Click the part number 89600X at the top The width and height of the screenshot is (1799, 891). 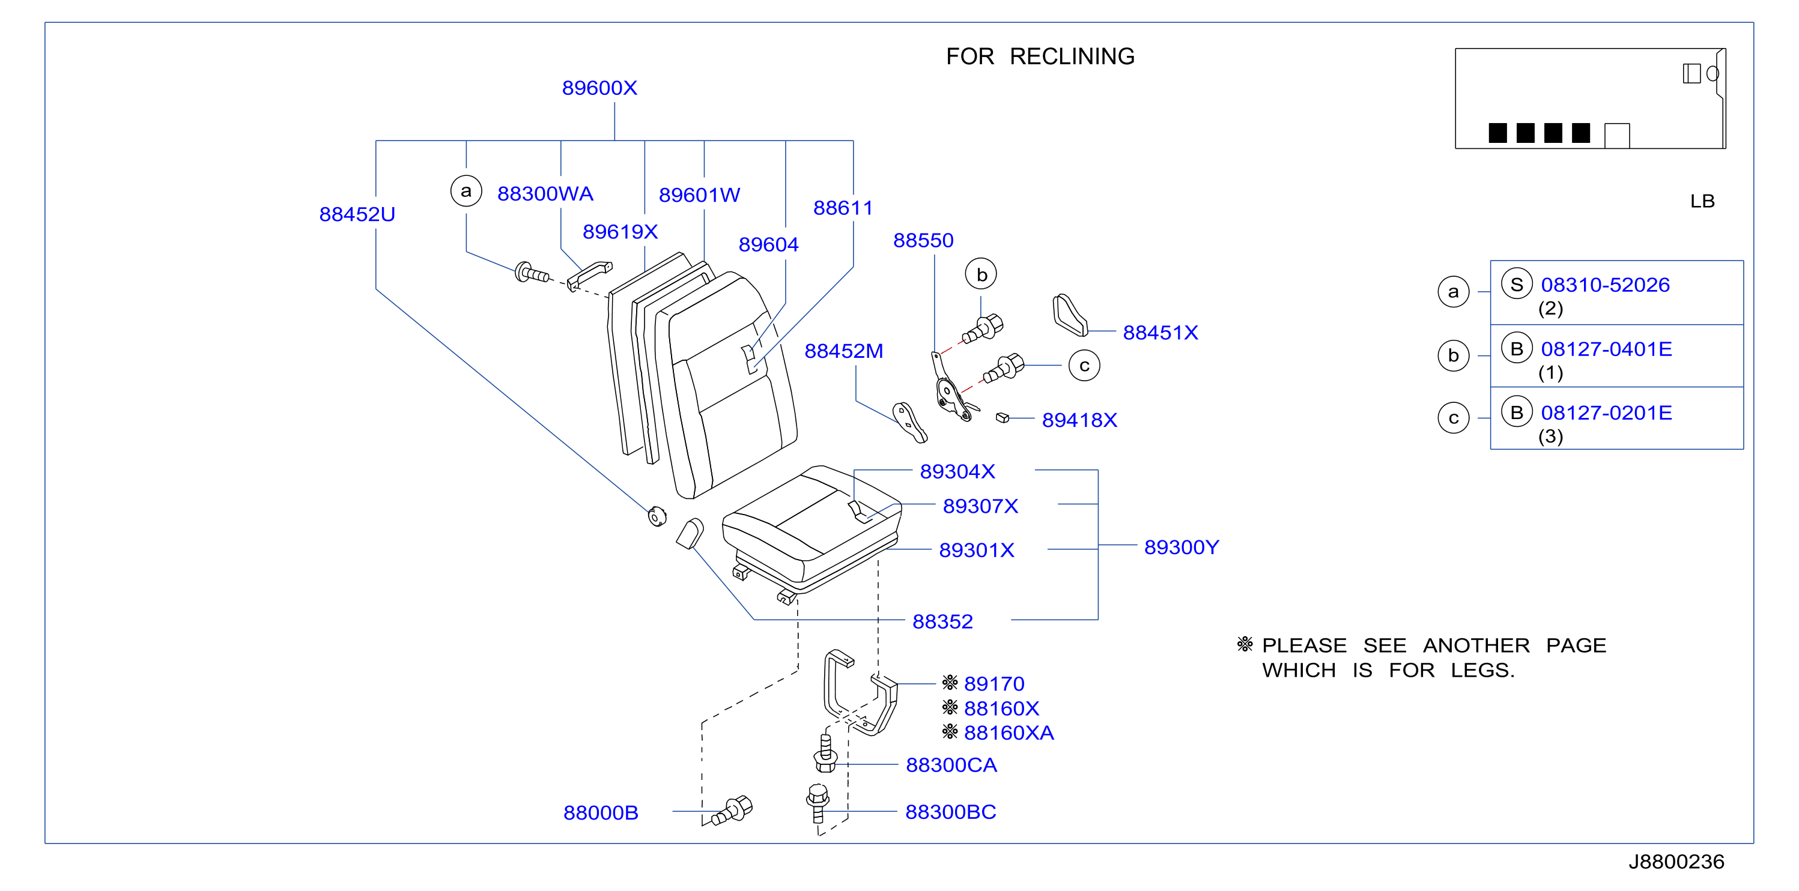(599, 88)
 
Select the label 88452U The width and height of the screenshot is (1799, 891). (357, 214)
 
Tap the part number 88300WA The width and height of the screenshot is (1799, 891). (545, 193)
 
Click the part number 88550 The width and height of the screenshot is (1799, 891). (923, 240)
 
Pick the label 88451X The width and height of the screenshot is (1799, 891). (1160, 333)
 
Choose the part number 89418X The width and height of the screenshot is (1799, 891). (1079, 420)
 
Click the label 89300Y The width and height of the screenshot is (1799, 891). (1181, 547)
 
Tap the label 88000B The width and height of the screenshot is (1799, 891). (601, 813)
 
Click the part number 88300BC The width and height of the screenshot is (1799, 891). (950, 812)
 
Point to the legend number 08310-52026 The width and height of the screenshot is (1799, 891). (1605, 285)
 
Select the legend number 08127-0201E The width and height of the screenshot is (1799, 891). (1606, 412)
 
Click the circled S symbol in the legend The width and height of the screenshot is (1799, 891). (1516, 284)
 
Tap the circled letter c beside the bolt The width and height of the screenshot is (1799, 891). (1084, 365)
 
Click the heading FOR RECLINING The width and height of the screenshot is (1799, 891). (1040, 56)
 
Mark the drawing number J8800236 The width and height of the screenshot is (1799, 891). (1676, 862)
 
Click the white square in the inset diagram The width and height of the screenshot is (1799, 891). (1617, 136)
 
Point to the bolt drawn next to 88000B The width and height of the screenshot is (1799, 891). (732, 811)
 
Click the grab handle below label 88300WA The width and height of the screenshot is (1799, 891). (589, 275)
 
